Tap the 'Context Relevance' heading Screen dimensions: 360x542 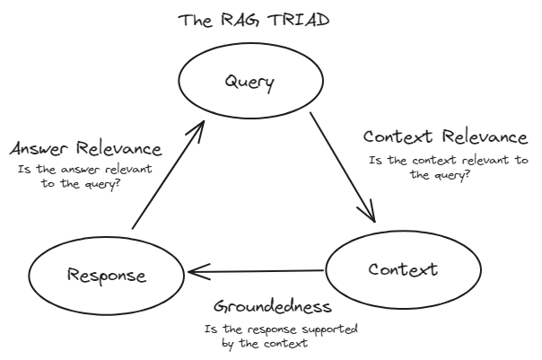444,137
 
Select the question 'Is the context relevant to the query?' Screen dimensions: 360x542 449,167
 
